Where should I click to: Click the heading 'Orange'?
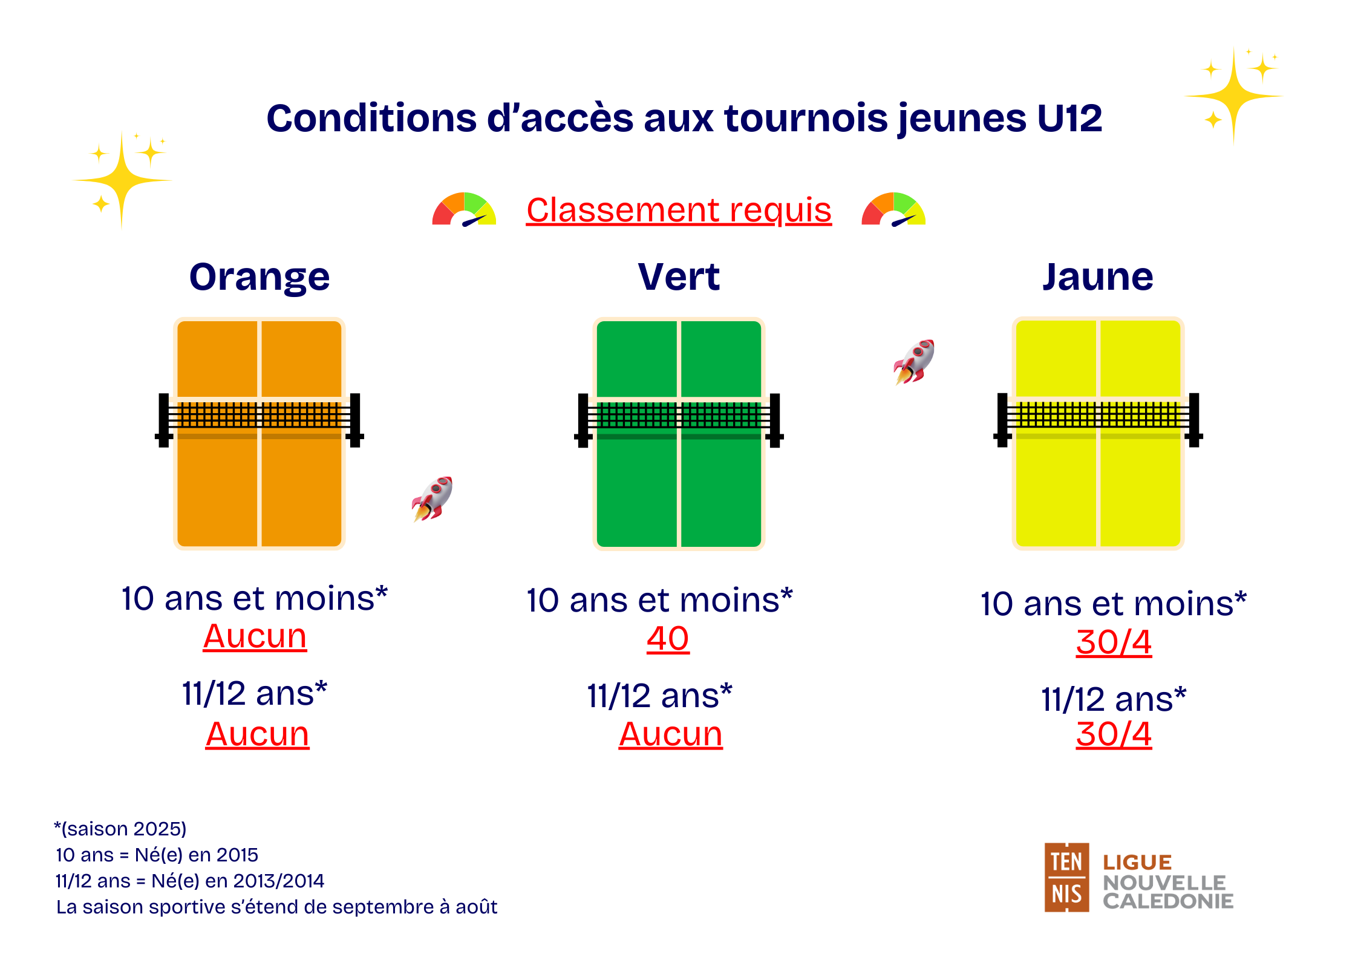pos(260,278)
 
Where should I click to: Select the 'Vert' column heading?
pos(679,277)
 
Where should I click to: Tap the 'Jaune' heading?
pos(1097,277)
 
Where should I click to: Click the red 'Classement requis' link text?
pos(679,210)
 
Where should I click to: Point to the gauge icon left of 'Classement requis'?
pos(464,209)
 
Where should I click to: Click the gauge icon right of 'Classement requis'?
pos(893,209)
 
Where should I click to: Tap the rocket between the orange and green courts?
pos(432,499)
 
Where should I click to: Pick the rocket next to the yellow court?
pos(914,362)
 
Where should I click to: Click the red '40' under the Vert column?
pos(668,639)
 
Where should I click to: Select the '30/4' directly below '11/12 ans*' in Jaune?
pos(1114,734)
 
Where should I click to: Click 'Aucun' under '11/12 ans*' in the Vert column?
pos(670,734)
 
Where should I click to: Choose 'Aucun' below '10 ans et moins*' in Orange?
pos(255,636)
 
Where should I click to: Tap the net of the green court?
pos(679,416)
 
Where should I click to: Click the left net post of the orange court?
pos(163,420)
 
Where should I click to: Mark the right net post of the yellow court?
pos(1194,420)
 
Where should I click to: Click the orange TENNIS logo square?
pos(1066,877)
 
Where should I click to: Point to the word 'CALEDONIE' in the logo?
pos(1168,901)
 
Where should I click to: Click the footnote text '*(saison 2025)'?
pos(120,829)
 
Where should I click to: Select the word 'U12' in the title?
pos(1069,118)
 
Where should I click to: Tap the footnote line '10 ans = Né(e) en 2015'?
pos(157,855)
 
